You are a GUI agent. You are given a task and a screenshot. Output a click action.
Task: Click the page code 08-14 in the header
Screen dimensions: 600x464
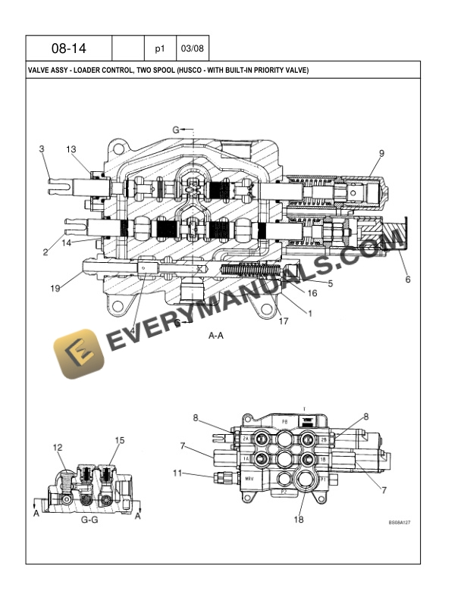point(69,48)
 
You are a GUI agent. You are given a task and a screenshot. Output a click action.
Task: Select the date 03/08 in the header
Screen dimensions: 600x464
point(192,48)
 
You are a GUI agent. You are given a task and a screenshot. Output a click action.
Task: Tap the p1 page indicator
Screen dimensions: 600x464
point(160,48)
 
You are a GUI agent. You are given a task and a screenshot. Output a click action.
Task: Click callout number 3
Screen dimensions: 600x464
point(42,149)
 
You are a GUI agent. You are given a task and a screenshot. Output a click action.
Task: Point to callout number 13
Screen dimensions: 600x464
point(71,149)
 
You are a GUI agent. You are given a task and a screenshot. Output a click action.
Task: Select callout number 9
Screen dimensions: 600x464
point(381,153)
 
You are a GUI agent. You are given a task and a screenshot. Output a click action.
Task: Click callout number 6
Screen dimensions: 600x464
point(407,280)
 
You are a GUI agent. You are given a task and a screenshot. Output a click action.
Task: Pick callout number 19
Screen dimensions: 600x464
point(55,289)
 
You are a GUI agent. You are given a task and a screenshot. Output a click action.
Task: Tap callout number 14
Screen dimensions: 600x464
point(66,243)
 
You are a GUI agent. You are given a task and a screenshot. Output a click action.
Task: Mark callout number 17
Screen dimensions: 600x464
point(284,321)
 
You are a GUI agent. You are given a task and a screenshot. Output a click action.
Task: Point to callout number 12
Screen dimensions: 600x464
point(58,448)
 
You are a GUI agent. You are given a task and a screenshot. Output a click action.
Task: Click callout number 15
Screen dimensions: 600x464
point(119,440)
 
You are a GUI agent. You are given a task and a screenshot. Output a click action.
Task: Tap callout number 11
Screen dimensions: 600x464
point(177,473)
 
